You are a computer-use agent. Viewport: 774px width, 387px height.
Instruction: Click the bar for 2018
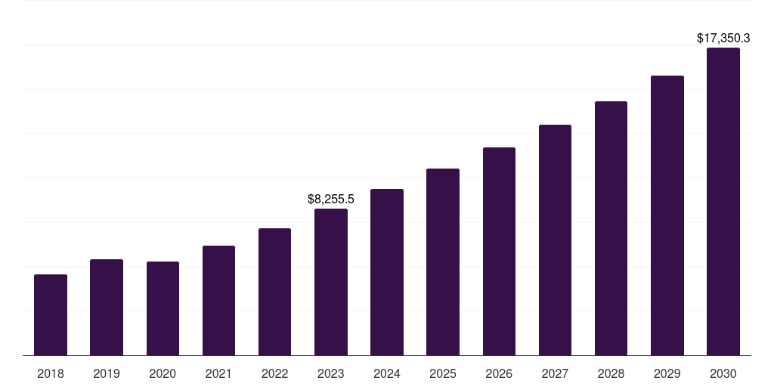[x=51, y=314]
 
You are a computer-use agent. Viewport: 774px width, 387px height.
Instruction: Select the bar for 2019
[x=107, y=307]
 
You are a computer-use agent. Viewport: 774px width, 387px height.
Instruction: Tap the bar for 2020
[x=163, y=308]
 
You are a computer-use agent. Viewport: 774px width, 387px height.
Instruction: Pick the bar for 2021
[x=218, y=300]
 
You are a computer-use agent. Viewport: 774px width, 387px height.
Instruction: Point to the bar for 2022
[x=274, y=292]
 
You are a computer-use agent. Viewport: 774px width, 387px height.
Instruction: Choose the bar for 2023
[x=331, y=282]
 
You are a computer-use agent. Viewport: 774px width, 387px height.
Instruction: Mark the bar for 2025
[x=443, y=262]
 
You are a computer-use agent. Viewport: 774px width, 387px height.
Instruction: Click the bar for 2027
[x=555, y=240]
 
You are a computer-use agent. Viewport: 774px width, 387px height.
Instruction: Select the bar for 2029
[x=667, y=215]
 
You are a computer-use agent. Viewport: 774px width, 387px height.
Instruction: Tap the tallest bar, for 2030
[x=723, y=201]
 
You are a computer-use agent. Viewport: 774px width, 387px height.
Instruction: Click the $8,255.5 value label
[x=331, y=199]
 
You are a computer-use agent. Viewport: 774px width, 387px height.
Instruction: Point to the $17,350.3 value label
[x=723, y=37]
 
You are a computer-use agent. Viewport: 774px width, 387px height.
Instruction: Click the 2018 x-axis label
[x=51, y=373]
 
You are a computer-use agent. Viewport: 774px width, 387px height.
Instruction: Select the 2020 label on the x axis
[x=163, y=373]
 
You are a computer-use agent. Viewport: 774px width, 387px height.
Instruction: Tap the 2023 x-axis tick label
[x=331, y=373]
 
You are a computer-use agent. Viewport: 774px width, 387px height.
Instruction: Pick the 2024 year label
[x=387, y=373]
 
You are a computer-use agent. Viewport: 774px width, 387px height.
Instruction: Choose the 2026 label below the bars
[x=499, y=373]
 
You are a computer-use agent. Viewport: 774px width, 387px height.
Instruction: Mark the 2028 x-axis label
[x=611, y=373]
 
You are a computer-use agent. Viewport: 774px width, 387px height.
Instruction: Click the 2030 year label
[x=723, y=373]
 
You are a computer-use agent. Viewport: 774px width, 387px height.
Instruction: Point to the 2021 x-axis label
[x=218, y=373]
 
